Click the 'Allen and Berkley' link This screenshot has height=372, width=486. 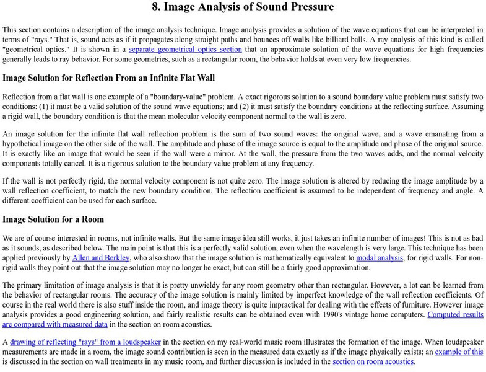tap(100, 258)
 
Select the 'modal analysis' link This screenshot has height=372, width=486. tap(378, 258)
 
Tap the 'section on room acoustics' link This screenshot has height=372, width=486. tap(373, 362)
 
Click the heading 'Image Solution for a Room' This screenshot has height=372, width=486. tap(53, 219)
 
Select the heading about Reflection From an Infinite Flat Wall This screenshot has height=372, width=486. tap(108, 79)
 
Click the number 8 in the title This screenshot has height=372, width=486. tap(155, 7)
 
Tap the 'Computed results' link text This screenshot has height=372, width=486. tap(456, 314)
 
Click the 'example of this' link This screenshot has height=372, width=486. tap(459, 352)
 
